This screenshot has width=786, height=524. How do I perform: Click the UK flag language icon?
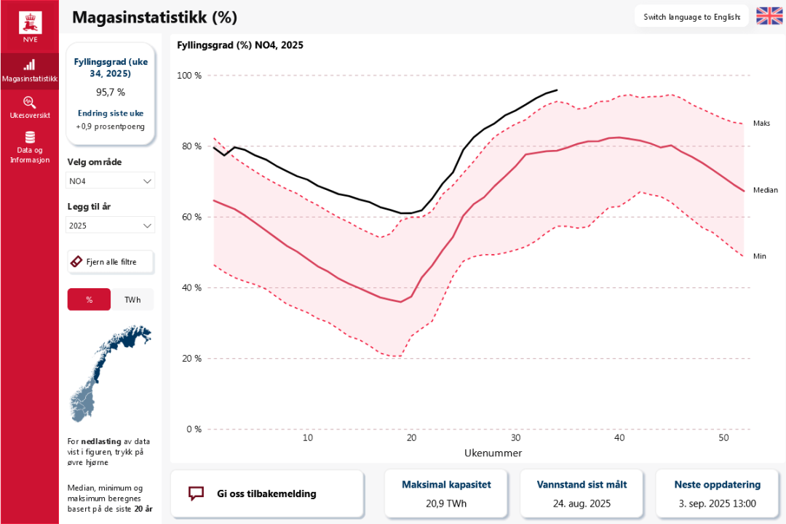point(769,16)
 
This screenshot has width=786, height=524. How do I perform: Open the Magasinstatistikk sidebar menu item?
point(30,71)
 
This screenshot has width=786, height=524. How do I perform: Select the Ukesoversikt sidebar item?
point(30,107)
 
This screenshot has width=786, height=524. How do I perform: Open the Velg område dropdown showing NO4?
point(111,180)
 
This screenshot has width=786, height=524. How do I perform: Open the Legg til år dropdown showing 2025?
point(111,226)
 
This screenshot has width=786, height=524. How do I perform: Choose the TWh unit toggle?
point(132,299)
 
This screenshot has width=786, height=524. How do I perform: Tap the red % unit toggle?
point(89,299)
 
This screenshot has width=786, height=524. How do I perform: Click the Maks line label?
point(761,124)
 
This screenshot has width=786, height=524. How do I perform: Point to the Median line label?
point(765,190)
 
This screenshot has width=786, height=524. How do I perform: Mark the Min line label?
point(760,256)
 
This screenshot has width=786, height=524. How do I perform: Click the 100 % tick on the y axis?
point(189,76)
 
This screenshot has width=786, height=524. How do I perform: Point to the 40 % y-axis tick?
point(191,287)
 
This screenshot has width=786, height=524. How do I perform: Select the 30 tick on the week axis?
point(515,438)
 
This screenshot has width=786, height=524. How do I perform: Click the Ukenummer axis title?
point(493,453)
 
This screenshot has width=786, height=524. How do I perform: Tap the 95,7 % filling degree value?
point(111,92)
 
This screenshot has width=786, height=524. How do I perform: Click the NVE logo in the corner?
point(30,26)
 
